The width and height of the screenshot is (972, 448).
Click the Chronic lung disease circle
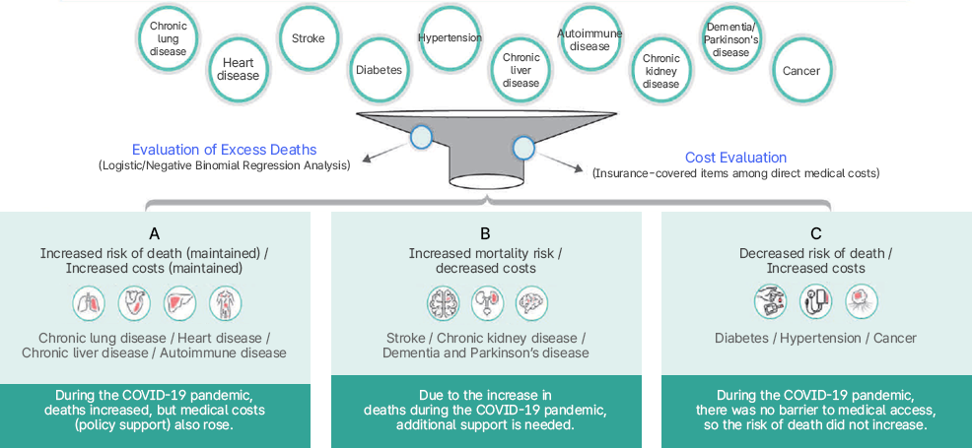pyautogui.click(x=168, y=39)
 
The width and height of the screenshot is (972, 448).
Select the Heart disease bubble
pyautogui.click(x=238, y=69)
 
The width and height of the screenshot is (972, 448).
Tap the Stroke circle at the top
pyautogui.click(x=308, y=38)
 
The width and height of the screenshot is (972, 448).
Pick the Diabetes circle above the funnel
pyautogui.click(x=379, y=70)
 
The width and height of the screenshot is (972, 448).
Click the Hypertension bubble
pyautogui.click(x=450, y=38)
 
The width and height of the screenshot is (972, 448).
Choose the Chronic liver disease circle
pyautogui.click(x=521, y=70)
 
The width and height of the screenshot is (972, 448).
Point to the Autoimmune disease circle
pyautogui.click(x=590, y=39)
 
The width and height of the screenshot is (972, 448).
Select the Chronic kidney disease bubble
pyautogui.click(x=660, y=71)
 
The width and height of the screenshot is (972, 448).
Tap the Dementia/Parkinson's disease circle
pyautogui.click(x=730, y=39)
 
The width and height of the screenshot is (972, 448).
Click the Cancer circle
pyautogui.click(x=800, y=71)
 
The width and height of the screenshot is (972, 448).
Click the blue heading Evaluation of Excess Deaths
pyautogui.click(x=225, y=150)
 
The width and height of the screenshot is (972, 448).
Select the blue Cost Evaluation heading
pyautogui.click(x=735, y=158)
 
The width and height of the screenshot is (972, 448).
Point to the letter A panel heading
pyautogui.click(x=154, y=234)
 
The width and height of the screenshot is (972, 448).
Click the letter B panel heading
pyautogui.click(x=485, y=234)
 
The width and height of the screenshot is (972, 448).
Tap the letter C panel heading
pyautogui.click(x=815, y=234)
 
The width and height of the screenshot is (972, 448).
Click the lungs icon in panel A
pyautogui.click(x=89, y=303)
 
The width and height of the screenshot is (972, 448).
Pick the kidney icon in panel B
pyautogui.click(x=487, y=303)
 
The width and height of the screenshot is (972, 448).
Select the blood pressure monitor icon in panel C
pyautogui.click(x=815, y=301)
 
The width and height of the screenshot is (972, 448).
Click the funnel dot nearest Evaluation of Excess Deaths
pyautogui.click(x=422, y=137)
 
